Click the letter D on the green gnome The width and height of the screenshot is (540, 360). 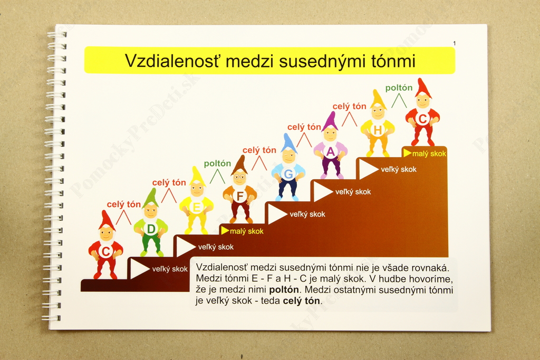151,229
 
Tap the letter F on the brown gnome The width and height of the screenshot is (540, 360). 240,197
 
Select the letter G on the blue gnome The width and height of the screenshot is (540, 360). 288,174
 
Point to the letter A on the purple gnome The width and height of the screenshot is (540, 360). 331,152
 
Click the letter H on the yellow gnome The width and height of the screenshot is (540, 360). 378,130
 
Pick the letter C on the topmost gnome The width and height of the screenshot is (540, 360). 422,119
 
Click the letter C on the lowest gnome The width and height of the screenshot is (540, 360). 105,251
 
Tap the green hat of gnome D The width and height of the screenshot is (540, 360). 150,198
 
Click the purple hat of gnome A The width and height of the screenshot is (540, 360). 330,121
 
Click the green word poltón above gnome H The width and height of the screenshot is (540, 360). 399,88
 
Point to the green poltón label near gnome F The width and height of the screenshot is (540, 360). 217,163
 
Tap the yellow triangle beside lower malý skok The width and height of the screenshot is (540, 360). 225,230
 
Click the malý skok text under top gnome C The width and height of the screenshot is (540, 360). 429,154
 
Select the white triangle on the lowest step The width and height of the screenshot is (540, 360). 139,269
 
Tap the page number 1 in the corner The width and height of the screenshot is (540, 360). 454,43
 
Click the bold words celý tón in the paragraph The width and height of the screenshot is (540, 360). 301,301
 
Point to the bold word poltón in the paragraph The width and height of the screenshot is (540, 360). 284,290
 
